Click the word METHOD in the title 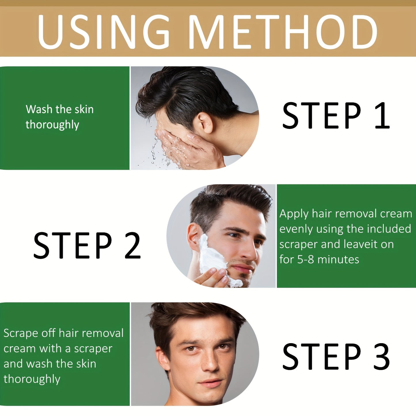[283, 32]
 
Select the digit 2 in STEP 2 [133, 245]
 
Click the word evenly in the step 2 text [296, 229]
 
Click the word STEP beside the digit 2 [73, 245]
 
